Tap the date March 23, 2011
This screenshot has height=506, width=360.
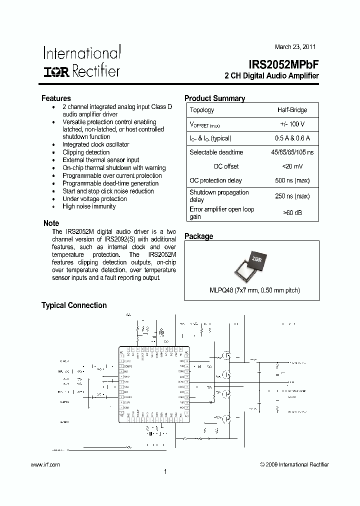(x=295, y=47)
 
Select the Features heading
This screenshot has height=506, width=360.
(x=56, y=98)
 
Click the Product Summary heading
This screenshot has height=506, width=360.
(x=214, y=98)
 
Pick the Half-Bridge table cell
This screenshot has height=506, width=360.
(x=292, y=110)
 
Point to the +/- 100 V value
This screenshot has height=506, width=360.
(x=292, y=124)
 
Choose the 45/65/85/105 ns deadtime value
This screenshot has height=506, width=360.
(x=292, y=152)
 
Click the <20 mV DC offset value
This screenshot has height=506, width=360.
(x=292, y=166)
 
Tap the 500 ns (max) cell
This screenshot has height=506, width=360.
(x=292, y=180)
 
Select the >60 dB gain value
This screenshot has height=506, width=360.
(x=292, y=213)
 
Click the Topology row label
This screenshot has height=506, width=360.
(x=201, y=110)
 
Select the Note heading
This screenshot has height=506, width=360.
(x=51, y=223)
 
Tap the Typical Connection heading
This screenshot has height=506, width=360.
(x=74, y=305)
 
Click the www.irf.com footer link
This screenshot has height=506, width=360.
(x=45, y=464)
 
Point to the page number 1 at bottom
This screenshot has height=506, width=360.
(x=165, y=471)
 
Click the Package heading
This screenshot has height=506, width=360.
(x=198, y=236)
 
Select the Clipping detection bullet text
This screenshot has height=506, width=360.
(x=86, y=152)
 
